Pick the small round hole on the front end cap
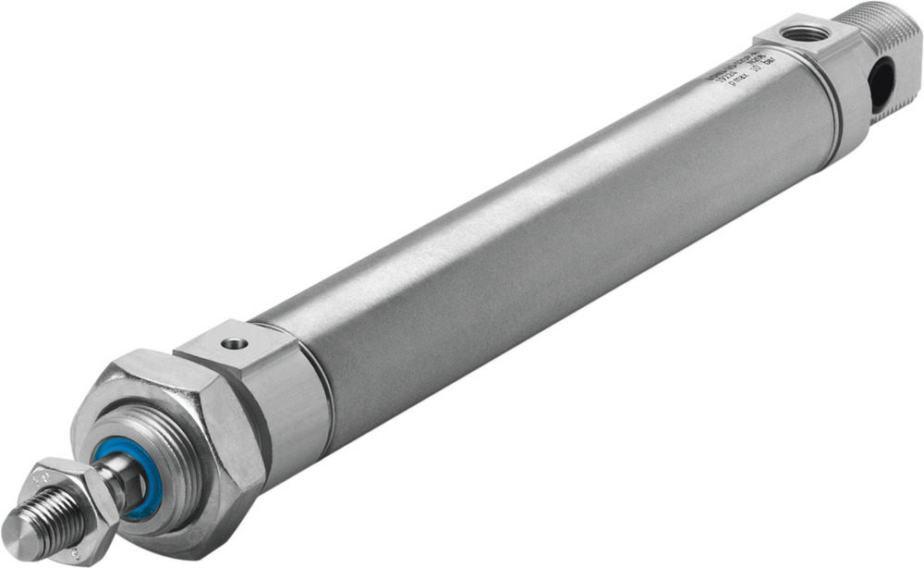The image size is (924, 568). [x=235, y=343]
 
